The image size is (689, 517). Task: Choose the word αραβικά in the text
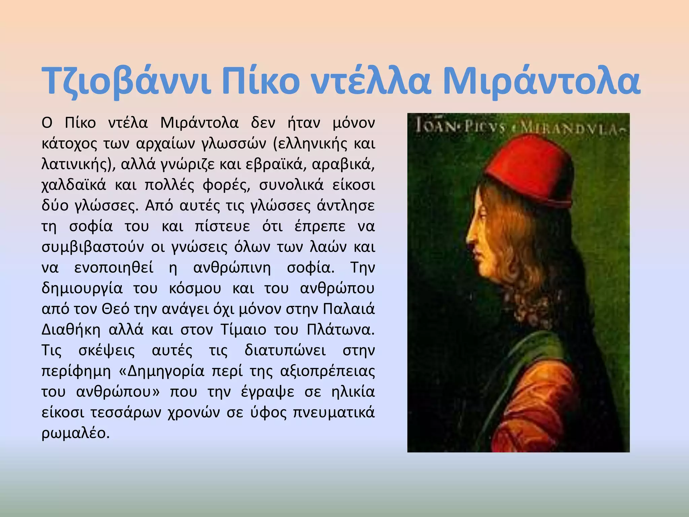click(x=343, y=165)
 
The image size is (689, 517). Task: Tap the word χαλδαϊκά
click(x=74, y=185)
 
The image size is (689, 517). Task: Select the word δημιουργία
click(x=82, y=289)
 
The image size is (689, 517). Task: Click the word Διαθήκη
click(x=71, y=330)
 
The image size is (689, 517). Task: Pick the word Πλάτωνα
click(x=340, y=330)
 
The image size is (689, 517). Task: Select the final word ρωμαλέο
click(x=75, y=434)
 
